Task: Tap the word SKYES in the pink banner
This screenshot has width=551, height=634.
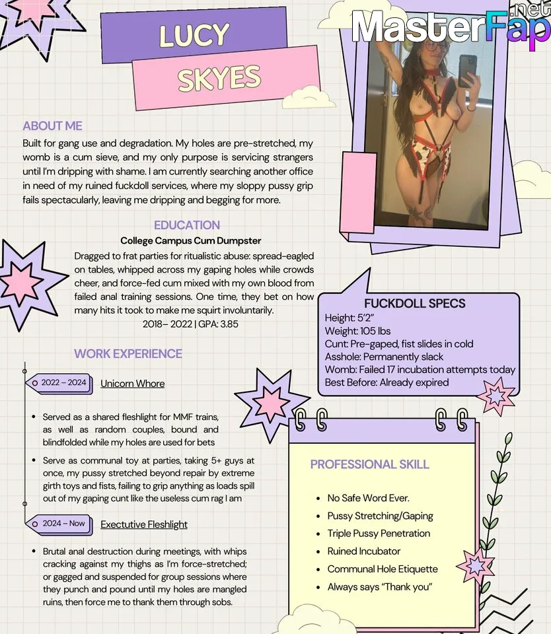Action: (x=219, y=79)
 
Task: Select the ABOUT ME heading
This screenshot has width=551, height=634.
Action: (x=52, y=126)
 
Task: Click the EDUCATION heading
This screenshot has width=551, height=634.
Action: (x=187, y=225)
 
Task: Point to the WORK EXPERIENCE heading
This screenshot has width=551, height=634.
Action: (x=128, y=353)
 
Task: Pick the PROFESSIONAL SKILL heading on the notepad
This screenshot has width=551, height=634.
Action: (x=369, y=464)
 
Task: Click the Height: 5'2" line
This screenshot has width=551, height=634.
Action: (x=349, y=318)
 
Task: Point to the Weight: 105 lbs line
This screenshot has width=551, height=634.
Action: (x=358, y=331)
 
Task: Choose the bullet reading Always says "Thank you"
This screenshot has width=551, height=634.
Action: (x=379, y=586)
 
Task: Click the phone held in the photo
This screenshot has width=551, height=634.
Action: (x=468, y=71)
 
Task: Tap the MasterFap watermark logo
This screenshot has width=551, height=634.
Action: (x=449, y=28)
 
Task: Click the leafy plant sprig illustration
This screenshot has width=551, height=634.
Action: (x=498, y=502)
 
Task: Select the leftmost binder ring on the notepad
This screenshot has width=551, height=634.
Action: (x=301, y=419)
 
